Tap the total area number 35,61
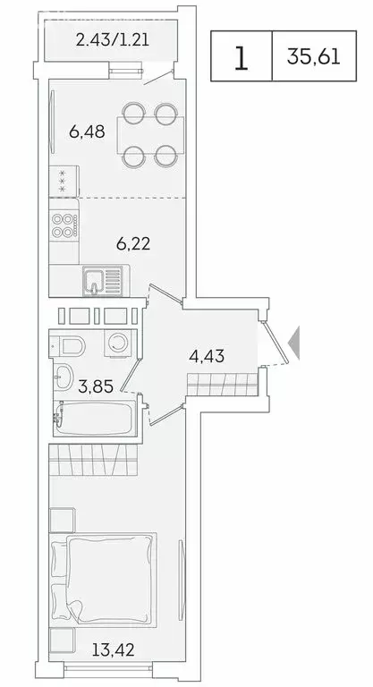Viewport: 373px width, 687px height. [x=320, y=57]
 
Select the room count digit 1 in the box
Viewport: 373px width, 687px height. [x=241, y=57]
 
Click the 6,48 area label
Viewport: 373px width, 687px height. [x=87, y=132]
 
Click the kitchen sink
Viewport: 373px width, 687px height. [x=96, y=281]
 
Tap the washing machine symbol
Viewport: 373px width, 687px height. [x=117, y=345]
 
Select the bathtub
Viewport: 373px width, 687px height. [x=94, y=418]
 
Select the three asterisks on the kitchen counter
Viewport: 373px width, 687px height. [x=62, y=182]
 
